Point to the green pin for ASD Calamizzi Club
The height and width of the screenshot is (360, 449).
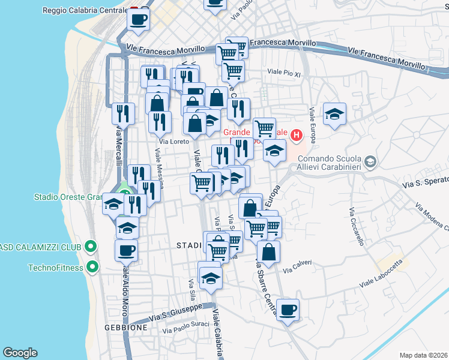click(90, 246)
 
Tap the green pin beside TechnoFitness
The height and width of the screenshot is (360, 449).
click(92, 267)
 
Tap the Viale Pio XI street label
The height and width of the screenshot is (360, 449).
click(283, 72)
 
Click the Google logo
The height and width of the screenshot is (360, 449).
click(20, 353)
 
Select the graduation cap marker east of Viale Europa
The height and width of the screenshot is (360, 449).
click(335, 114)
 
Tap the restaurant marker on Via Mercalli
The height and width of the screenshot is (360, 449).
click(123, 113)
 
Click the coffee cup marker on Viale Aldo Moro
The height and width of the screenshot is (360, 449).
click(126, 250)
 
